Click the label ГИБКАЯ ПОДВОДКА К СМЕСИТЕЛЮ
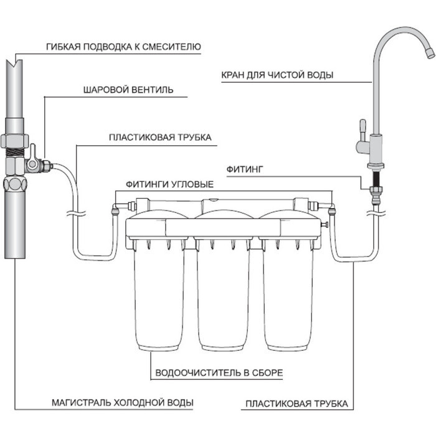[x=123, y=47]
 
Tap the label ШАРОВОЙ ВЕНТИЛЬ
[x=128, y=90]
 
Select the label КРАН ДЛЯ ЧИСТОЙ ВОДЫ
[x=277, y=75]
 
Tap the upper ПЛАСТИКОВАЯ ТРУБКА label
[x=160, y=137]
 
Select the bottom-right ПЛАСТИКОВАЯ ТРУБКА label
[x=295, y=404]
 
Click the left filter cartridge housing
[x=159, y=293]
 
